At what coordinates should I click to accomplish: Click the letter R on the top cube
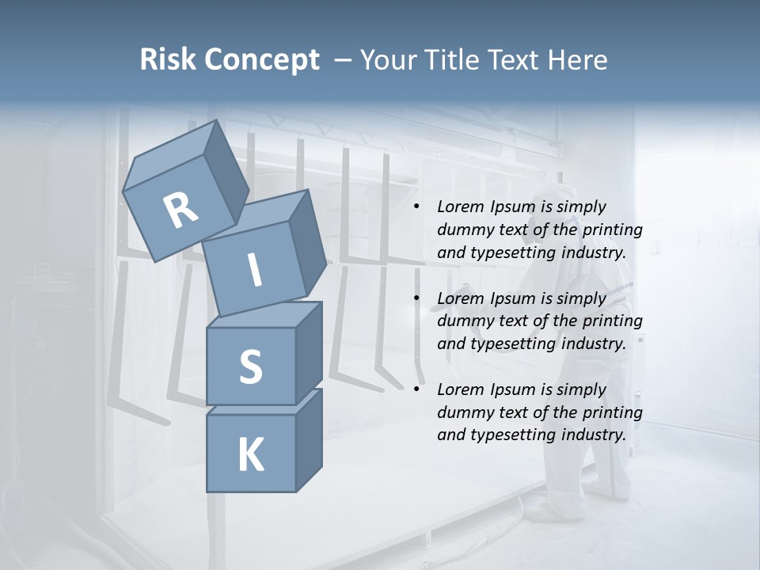point(181,210)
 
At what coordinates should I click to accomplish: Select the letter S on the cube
point(250,367)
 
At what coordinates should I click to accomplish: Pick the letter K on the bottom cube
point(250,455)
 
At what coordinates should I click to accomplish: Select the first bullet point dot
point(417,207)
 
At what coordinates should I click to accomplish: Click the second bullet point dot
point(417,299)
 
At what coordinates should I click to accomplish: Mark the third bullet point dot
point(417,390)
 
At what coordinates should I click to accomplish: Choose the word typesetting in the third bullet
point(505,435)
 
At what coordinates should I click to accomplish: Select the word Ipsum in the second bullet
point(513,298)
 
